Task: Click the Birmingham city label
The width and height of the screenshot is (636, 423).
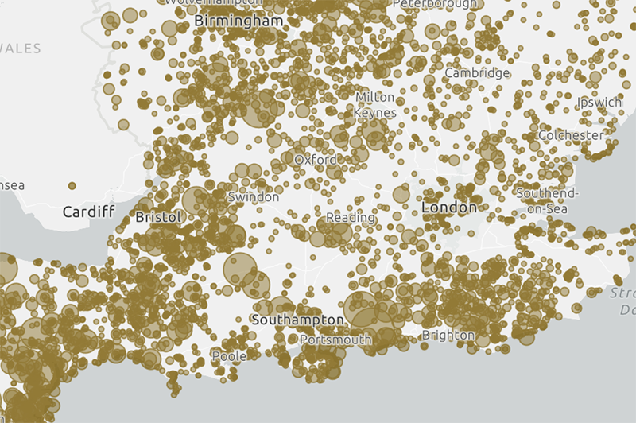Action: [x=238, y=21]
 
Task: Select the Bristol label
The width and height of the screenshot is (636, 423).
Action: [x=158, y=216]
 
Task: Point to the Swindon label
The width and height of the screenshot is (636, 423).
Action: [x=253, y=196]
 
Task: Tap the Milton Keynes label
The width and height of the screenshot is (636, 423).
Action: [x=374, y=104]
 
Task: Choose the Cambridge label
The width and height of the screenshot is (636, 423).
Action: [x=477, y=73]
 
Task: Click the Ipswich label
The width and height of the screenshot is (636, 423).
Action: [x=599, y=102]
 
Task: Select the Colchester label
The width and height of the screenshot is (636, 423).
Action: [x=570, y=135]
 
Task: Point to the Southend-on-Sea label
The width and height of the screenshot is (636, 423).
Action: [x=548, y=200]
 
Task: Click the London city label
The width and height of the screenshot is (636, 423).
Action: [x=449, y=208]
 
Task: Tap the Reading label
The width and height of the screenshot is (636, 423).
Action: [x=351, y=217]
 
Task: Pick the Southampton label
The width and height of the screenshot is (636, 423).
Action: [x=297, y=320]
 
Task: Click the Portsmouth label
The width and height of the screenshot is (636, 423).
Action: [x=335, y=340]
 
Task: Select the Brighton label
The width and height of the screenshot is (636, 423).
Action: [x=448, y=336]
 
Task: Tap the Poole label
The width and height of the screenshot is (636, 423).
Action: [x=229, y=356]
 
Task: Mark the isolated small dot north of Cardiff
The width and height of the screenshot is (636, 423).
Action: [x=72, y=185]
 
